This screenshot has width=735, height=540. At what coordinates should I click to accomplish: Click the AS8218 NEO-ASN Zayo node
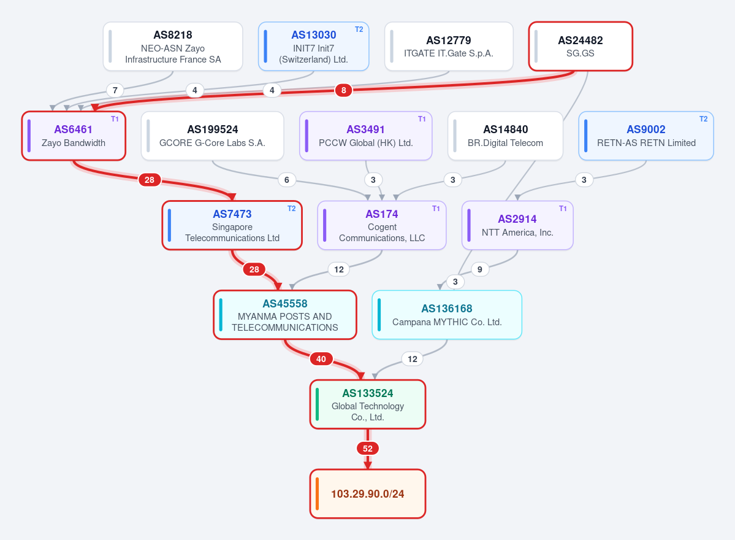click(173, 47)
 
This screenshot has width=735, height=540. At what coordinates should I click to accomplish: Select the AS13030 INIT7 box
click(314, 47)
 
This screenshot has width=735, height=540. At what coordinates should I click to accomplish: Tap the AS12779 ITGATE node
click(449, 47)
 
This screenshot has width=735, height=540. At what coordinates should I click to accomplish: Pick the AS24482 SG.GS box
click(581, 47)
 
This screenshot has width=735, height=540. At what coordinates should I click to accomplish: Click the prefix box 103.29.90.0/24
click(368, 494)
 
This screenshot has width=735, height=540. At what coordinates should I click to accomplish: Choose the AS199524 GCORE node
click(212, 136)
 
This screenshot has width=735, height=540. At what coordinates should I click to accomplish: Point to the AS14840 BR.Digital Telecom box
click(505, 136)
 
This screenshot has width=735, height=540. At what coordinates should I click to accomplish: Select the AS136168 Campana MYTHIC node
click(447, 315)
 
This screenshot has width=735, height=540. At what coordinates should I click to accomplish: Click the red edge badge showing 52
click(368, 449)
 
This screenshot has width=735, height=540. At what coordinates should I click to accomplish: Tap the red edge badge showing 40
click(321, 359)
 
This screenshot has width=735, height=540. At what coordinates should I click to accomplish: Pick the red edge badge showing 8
click(344, 90)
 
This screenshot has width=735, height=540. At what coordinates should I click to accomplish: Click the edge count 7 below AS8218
click(115, 90)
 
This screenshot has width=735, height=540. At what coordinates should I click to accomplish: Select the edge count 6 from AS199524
click(287, 180)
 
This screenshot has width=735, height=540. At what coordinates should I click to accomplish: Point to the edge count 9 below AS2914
click(479, 269)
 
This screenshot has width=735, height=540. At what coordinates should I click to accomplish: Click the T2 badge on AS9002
click(703, 119)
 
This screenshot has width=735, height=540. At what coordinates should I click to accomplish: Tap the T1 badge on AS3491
click(422, 119)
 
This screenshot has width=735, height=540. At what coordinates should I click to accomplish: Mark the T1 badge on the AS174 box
click(436, 209)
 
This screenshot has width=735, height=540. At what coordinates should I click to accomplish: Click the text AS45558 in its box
click(285, 304)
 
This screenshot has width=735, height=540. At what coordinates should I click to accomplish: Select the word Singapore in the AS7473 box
click(232, 227)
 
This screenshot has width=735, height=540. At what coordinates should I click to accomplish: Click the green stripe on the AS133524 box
click(318, 404)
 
